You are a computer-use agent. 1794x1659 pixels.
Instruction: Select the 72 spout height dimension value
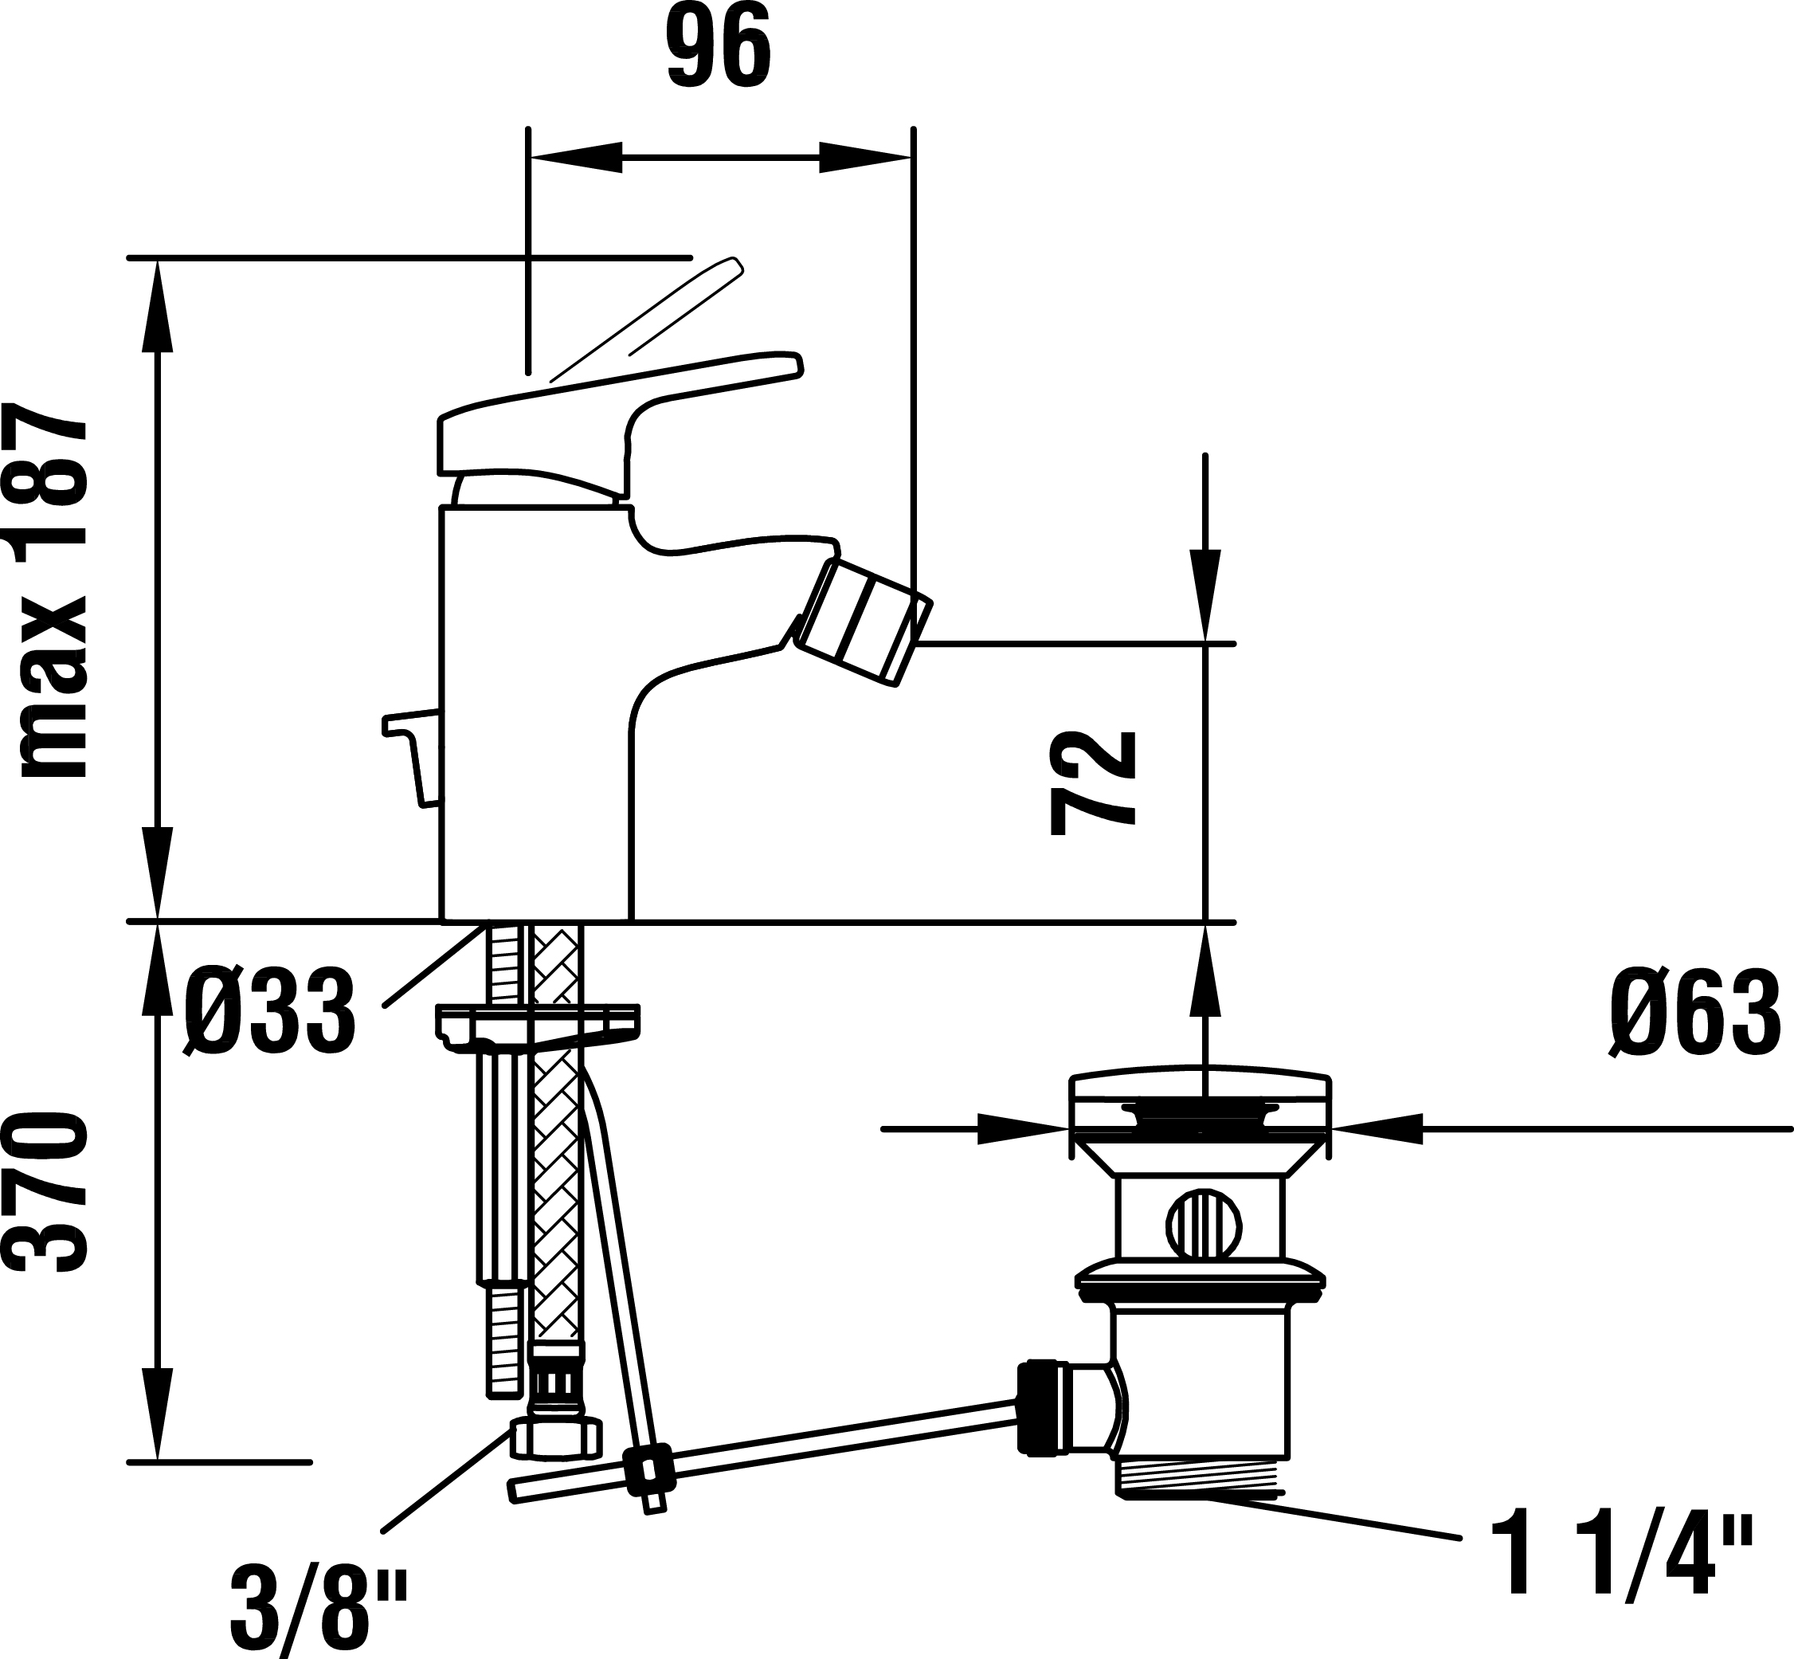(x=1092, y=782)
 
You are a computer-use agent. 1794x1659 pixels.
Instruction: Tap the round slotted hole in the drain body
(x=1203, y=1222)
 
